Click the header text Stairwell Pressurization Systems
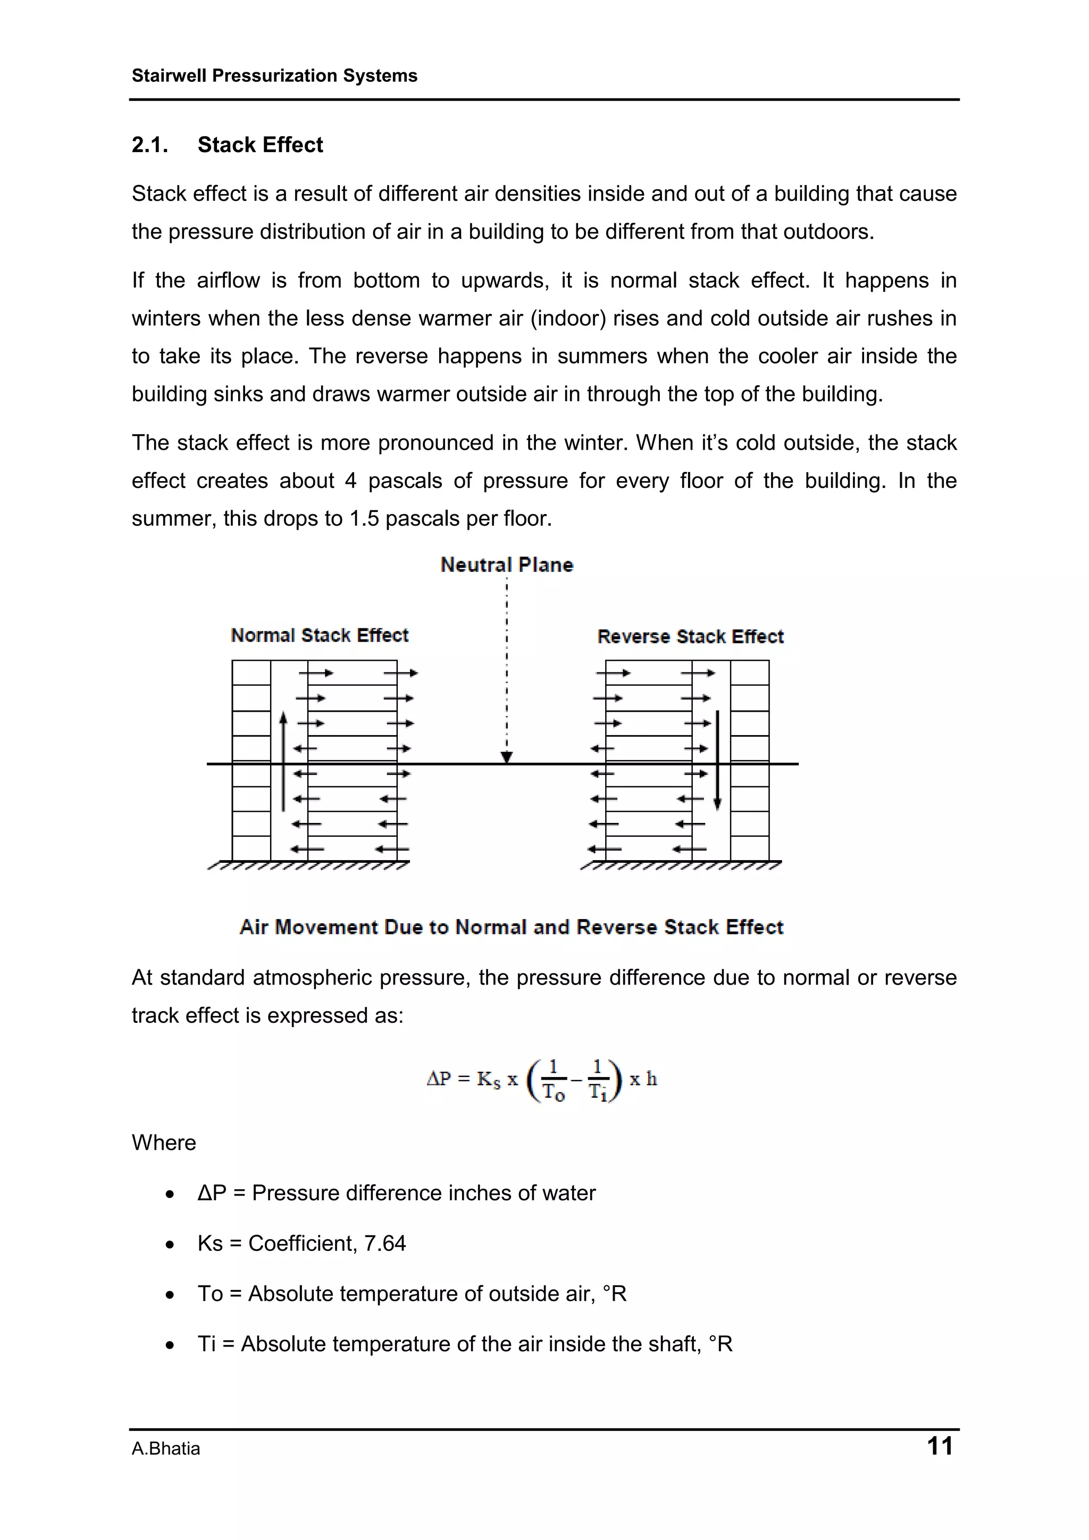(274, 76)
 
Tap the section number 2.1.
(149, 145)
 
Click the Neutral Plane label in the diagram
(507, 565)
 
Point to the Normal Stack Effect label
(320, 635)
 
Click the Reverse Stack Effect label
(690, 636)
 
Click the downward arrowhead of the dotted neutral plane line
(507, 756)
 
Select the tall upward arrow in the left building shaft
(283, 761)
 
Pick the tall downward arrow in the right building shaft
(717, 761)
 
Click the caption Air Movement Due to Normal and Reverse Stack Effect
(512, 927)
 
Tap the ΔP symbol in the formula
(439, 1079)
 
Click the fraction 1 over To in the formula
(553, 1080)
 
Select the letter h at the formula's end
(651, 1079)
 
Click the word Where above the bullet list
(164, 1142)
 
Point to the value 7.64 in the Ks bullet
(384, 1243)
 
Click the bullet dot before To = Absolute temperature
(171, 1294)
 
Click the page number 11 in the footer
(940, 1445)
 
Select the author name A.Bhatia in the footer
(166, 1449)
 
